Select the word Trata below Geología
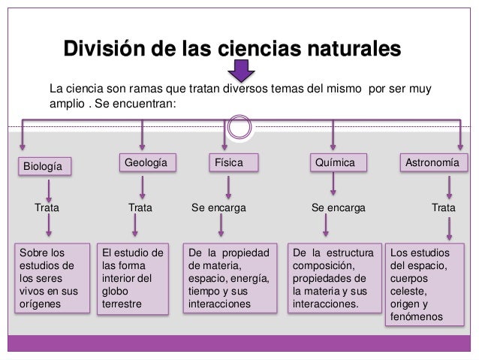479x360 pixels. click(x=140, y=204)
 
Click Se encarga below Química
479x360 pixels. click(x=338, y=204)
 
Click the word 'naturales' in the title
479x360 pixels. click(x=348, y=50)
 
